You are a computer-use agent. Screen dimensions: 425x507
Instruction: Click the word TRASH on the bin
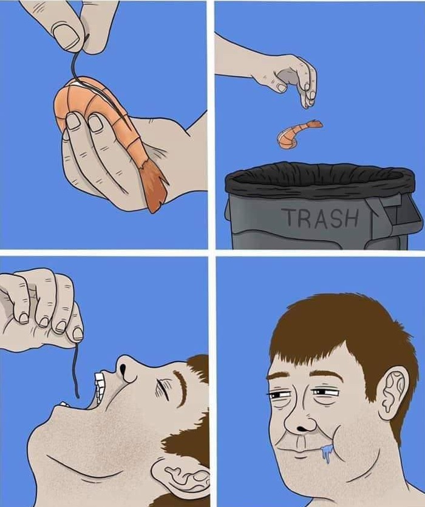321,217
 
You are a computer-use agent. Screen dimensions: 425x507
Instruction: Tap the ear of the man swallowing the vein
183,476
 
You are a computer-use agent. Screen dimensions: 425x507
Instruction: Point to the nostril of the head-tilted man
123,368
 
